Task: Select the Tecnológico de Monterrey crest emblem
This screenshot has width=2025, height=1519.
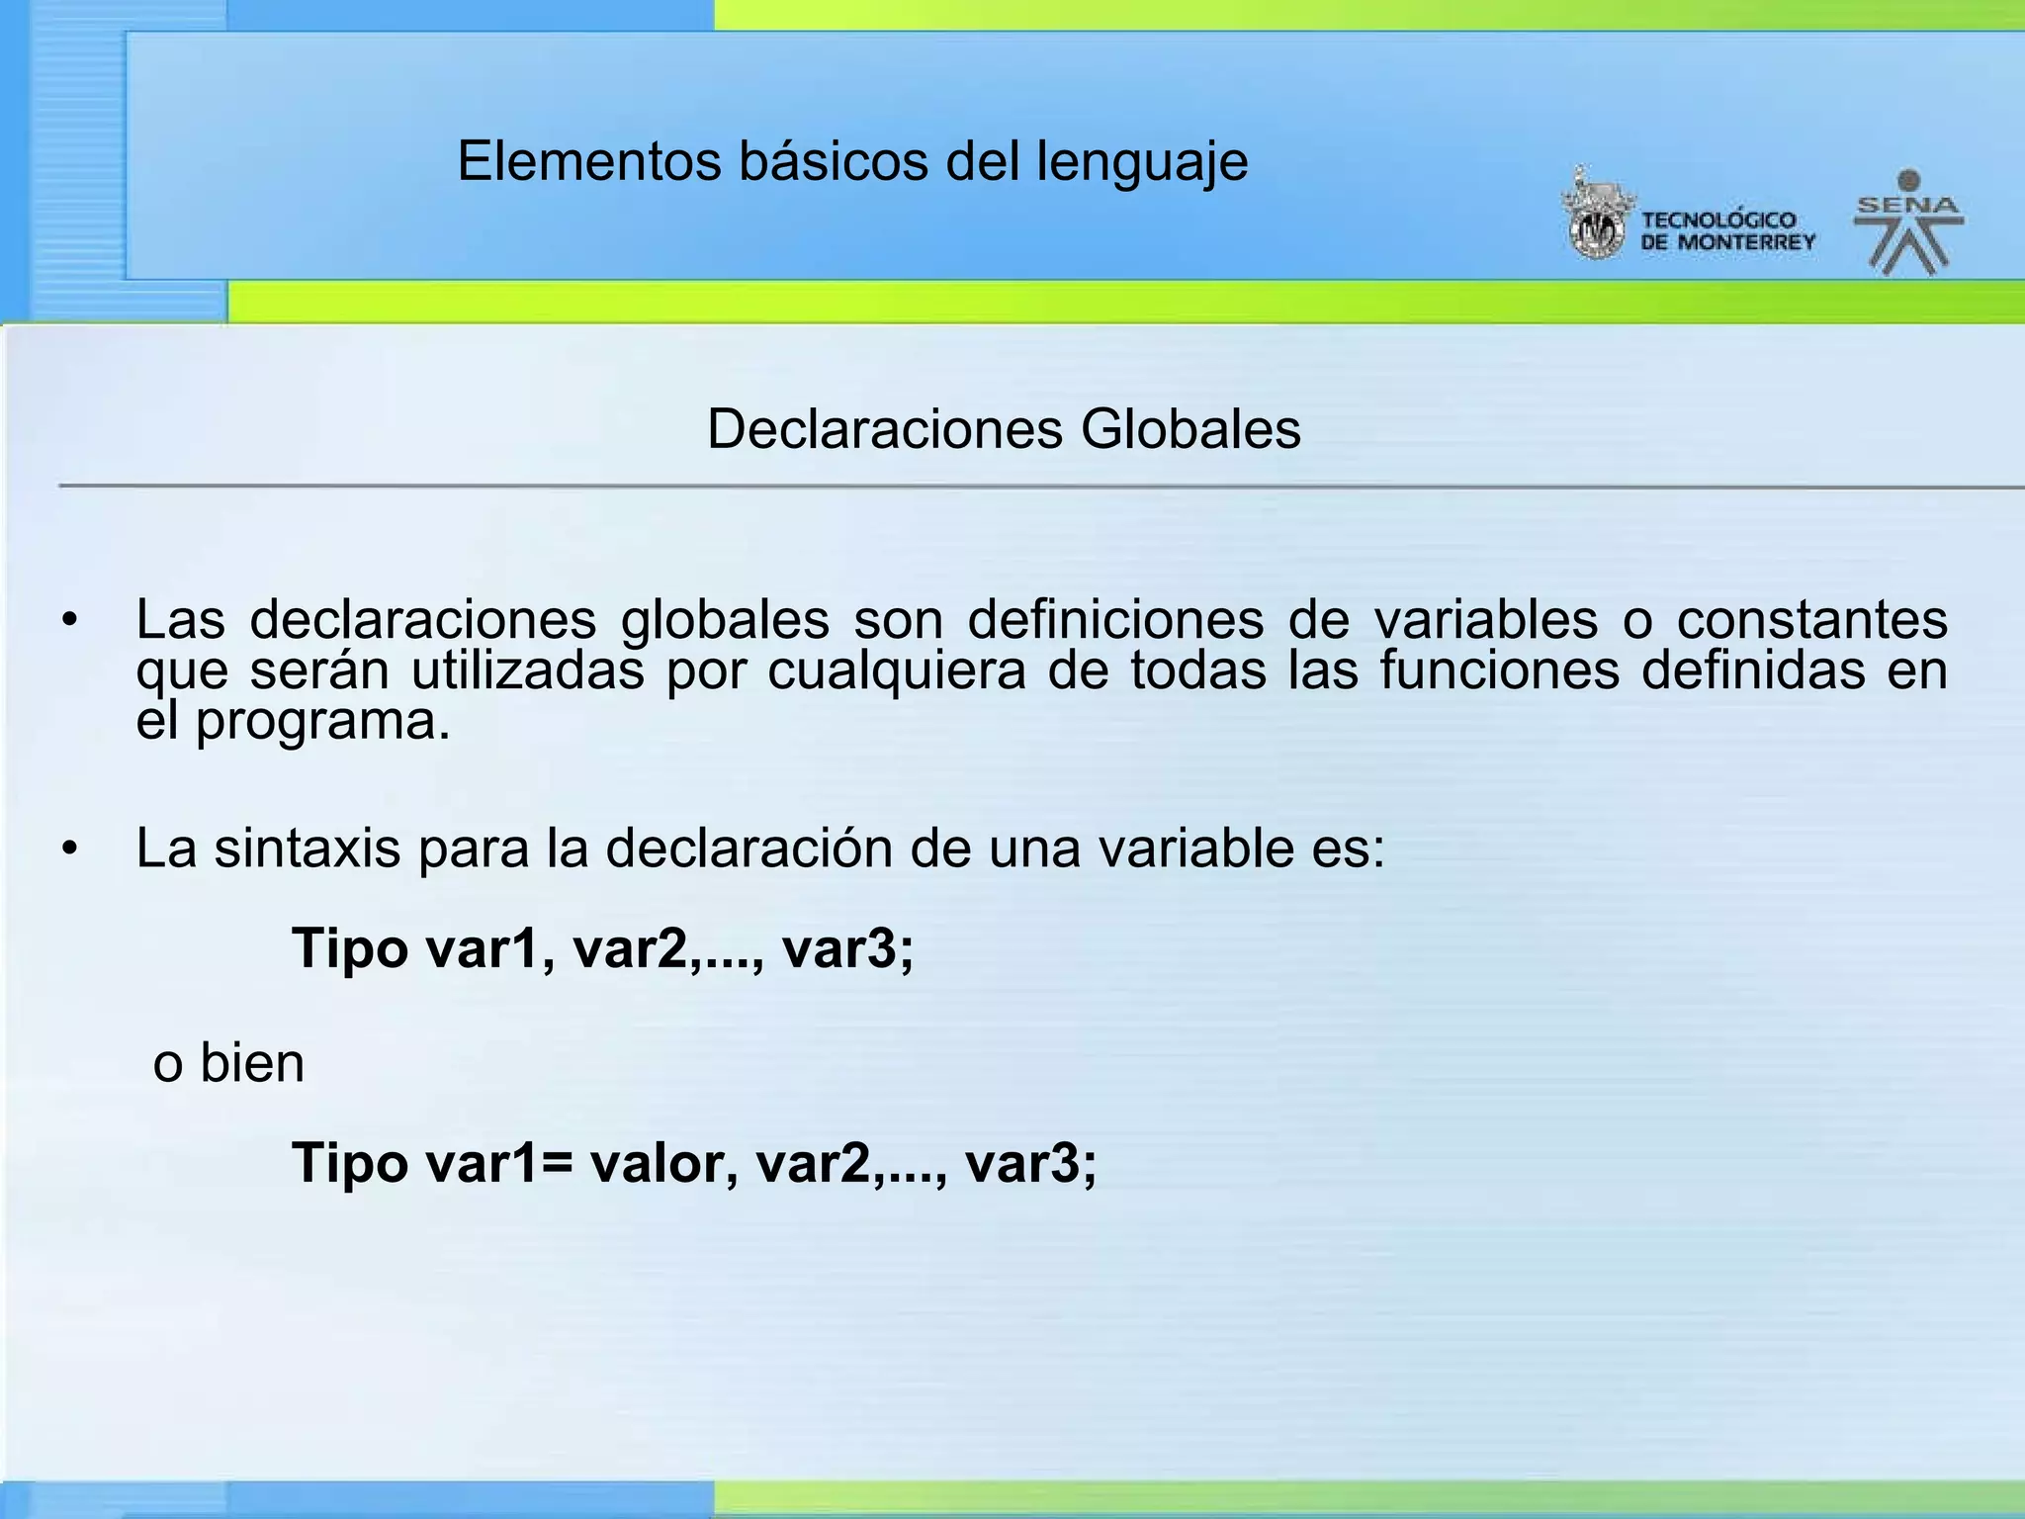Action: tap(1596, 217)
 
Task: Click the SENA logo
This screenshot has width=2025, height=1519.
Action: tap(1907, 223)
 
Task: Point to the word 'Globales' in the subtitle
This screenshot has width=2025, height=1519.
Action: tap(1190, 429)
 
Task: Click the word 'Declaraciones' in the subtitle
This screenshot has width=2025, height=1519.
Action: tap(885, 429)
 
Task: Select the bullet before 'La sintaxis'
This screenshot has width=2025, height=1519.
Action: tap(68, 849)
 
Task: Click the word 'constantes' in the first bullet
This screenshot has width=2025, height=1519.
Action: tap(1812, 620)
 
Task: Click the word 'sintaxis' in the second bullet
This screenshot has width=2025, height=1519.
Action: tap(308, 849)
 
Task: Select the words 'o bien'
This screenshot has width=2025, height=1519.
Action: tap(228, 1064)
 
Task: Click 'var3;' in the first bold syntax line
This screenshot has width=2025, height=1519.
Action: tap(847, 948)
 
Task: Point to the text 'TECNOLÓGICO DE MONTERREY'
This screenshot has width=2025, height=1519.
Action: tap(1727, 231)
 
